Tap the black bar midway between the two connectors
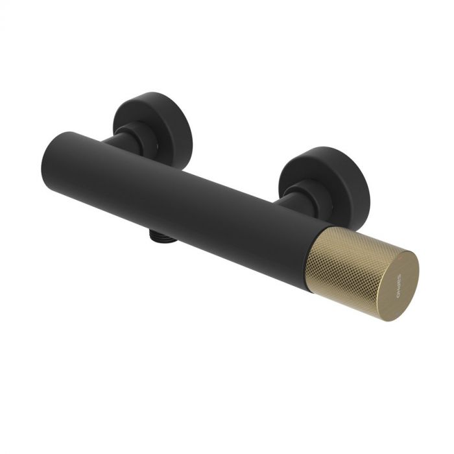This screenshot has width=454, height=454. pos(195,195)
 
